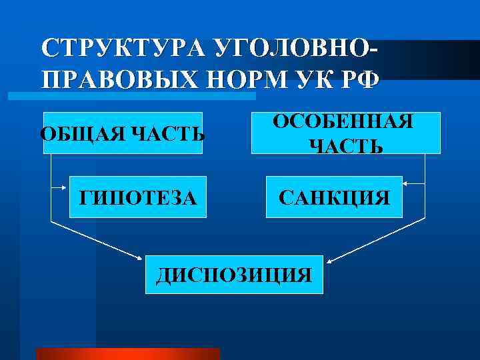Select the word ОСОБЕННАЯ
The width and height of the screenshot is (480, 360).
coord(344,122)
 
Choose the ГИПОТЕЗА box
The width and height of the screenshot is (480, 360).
coord(138,197)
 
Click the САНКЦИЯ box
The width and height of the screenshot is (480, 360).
coord(334,197)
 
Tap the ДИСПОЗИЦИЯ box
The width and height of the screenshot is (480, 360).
coord(233,274)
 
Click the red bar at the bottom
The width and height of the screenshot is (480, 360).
coord(127,353)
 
